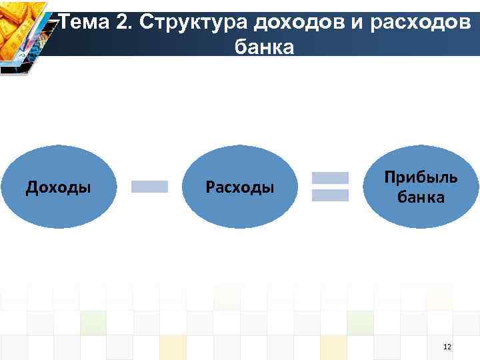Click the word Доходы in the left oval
point(59,187)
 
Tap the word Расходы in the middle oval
point(240,187)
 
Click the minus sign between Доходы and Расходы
point(149,187)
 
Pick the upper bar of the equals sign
point(331,178)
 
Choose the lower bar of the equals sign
point(331,195)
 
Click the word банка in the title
point(265,48)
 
